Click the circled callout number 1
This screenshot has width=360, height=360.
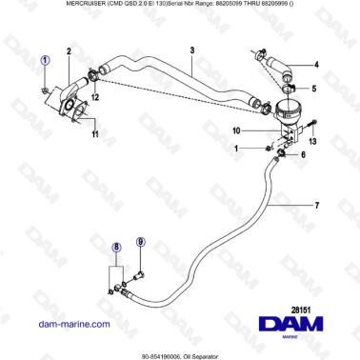44,60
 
